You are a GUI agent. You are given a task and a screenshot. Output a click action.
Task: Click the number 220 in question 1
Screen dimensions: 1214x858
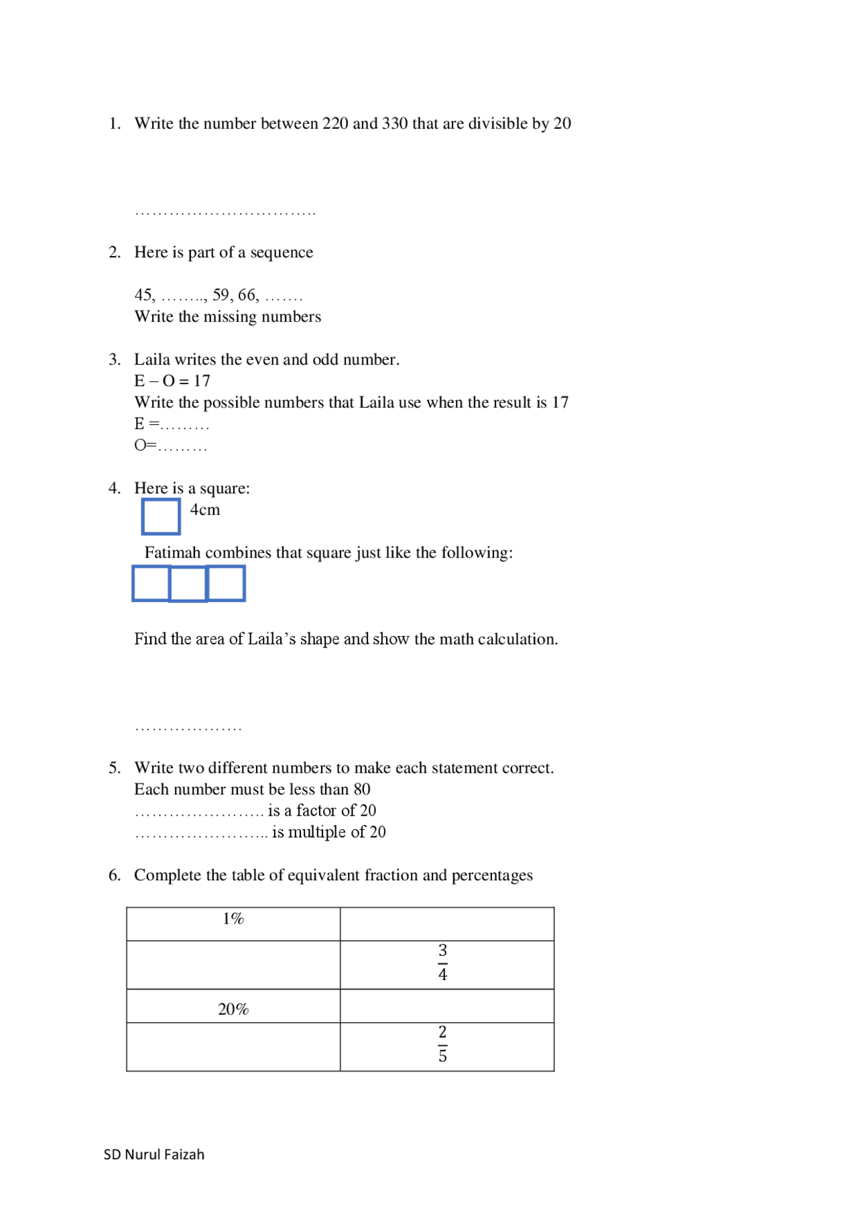click(335, 124)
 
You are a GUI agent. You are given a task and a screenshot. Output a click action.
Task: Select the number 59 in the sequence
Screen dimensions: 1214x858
click(221, 295)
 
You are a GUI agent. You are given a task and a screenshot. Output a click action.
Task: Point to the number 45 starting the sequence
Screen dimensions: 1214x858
click(143, 295)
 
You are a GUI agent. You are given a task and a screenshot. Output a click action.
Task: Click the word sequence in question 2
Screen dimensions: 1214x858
click(282, 253)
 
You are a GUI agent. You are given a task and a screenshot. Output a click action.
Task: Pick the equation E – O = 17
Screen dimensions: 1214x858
click(172, 381)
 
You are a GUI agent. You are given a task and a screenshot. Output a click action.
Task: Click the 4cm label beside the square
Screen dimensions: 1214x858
click(204, 510)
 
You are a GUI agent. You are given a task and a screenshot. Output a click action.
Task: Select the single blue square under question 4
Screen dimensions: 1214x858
click(161, 517)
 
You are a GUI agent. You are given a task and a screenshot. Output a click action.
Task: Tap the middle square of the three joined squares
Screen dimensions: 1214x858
click(188, 584)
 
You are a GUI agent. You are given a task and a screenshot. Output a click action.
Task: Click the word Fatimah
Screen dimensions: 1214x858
click(172, 553)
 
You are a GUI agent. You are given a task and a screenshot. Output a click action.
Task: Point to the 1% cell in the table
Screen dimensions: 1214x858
click(233, 919)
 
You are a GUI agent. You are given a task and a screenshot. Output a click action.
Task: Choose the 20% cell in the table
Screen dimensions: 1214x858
click(233, 1010)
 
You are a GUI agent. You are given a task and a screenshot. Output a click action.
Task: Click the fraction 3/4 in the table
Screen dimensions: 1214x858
click(442, 963)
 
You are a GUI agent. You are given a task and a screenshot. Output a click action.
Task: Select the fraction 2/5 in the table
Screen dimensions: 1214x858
click(442, 1044)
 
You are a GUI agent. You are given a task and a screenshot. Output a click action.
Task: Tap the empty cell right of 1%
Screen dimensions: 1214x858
click(447, 924)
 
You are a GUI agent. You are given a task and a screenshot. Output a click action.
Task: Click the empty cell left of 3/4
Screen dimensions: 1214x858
click(233, 965)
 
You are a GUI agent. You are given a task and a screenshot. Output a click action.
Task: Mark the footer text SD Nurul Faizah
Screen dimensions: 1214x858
click(154, 1154)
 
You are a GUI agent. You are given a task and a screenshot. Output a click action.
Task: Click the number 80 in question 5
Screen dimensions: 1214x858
click(362, 790)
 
